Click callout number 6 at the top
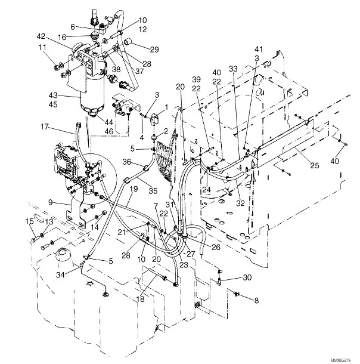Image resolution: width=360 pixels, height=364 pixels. click(73, 26)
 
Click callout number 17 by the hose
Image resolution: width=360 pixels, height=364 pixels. click(44, 127)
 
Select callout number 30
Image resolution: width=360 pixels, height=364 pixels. click(247, 277)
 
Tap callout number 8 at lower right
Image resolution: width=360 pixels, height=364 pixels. click(257, 302)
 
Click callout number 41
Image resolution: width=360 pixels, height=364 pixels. click(259, 49)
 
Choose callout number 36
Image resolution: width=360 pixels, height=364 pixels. click(127, 161)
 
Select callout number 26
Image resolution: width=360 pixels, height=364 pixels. click(215, 248)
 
